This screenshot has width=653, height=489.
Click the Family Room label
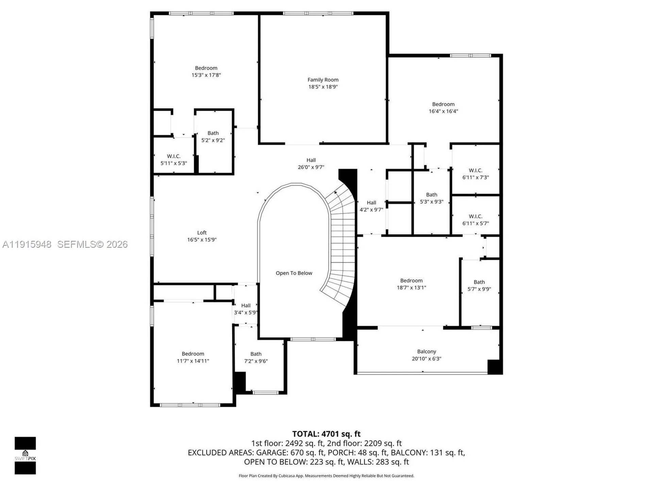(x=323, y=80)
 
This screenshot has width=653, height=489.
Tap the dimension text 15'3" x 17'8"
(x=206, y=75)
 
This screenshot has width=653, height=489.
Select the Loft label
(x=202, y=233)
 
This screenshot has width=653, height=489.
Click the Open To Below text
(x=294, y=273)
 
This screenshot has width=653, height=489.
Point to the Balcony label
(x=426, y=351)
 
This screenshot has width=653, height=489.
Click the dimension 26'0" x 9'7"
(x=311, y=167)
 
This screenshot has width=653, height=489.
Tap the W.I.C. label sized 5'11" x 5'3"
(x=173, y=156)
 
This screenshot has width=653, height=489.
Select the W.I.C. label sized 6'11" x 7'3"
(x=475, y=170)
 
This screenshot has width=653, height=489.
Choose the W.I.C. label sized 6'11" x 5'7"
(x=475, y=216)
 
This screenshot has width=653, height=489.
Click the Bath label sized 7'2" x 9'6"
(x=256, y=354)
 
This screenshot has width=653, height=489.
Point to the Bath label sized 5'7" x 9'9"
(x=479, y=282)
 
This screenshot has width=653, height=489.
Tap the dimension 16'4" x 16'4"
(x=443, y=111)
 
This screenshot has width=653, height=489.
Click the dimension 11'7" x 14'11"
(x=193, y=361)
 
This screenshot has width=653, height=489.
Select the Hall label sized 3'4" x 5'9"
(x=246, y=306)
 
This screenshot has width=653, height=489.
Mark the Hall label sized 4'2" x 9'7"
(x=371, y=203)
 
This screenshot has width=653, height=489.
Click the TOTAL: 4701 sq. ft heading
(x=326, y=434)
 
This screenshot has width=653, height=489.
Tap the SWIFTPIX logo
(x=25, y=455)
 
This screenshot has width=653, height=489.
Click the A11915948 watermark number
(x=27, y=244)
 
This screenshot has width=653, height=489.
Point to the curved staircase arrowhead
(x=336, y=193)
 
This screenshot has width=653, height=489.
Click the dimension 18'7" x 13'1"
(x=411, y=288)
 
